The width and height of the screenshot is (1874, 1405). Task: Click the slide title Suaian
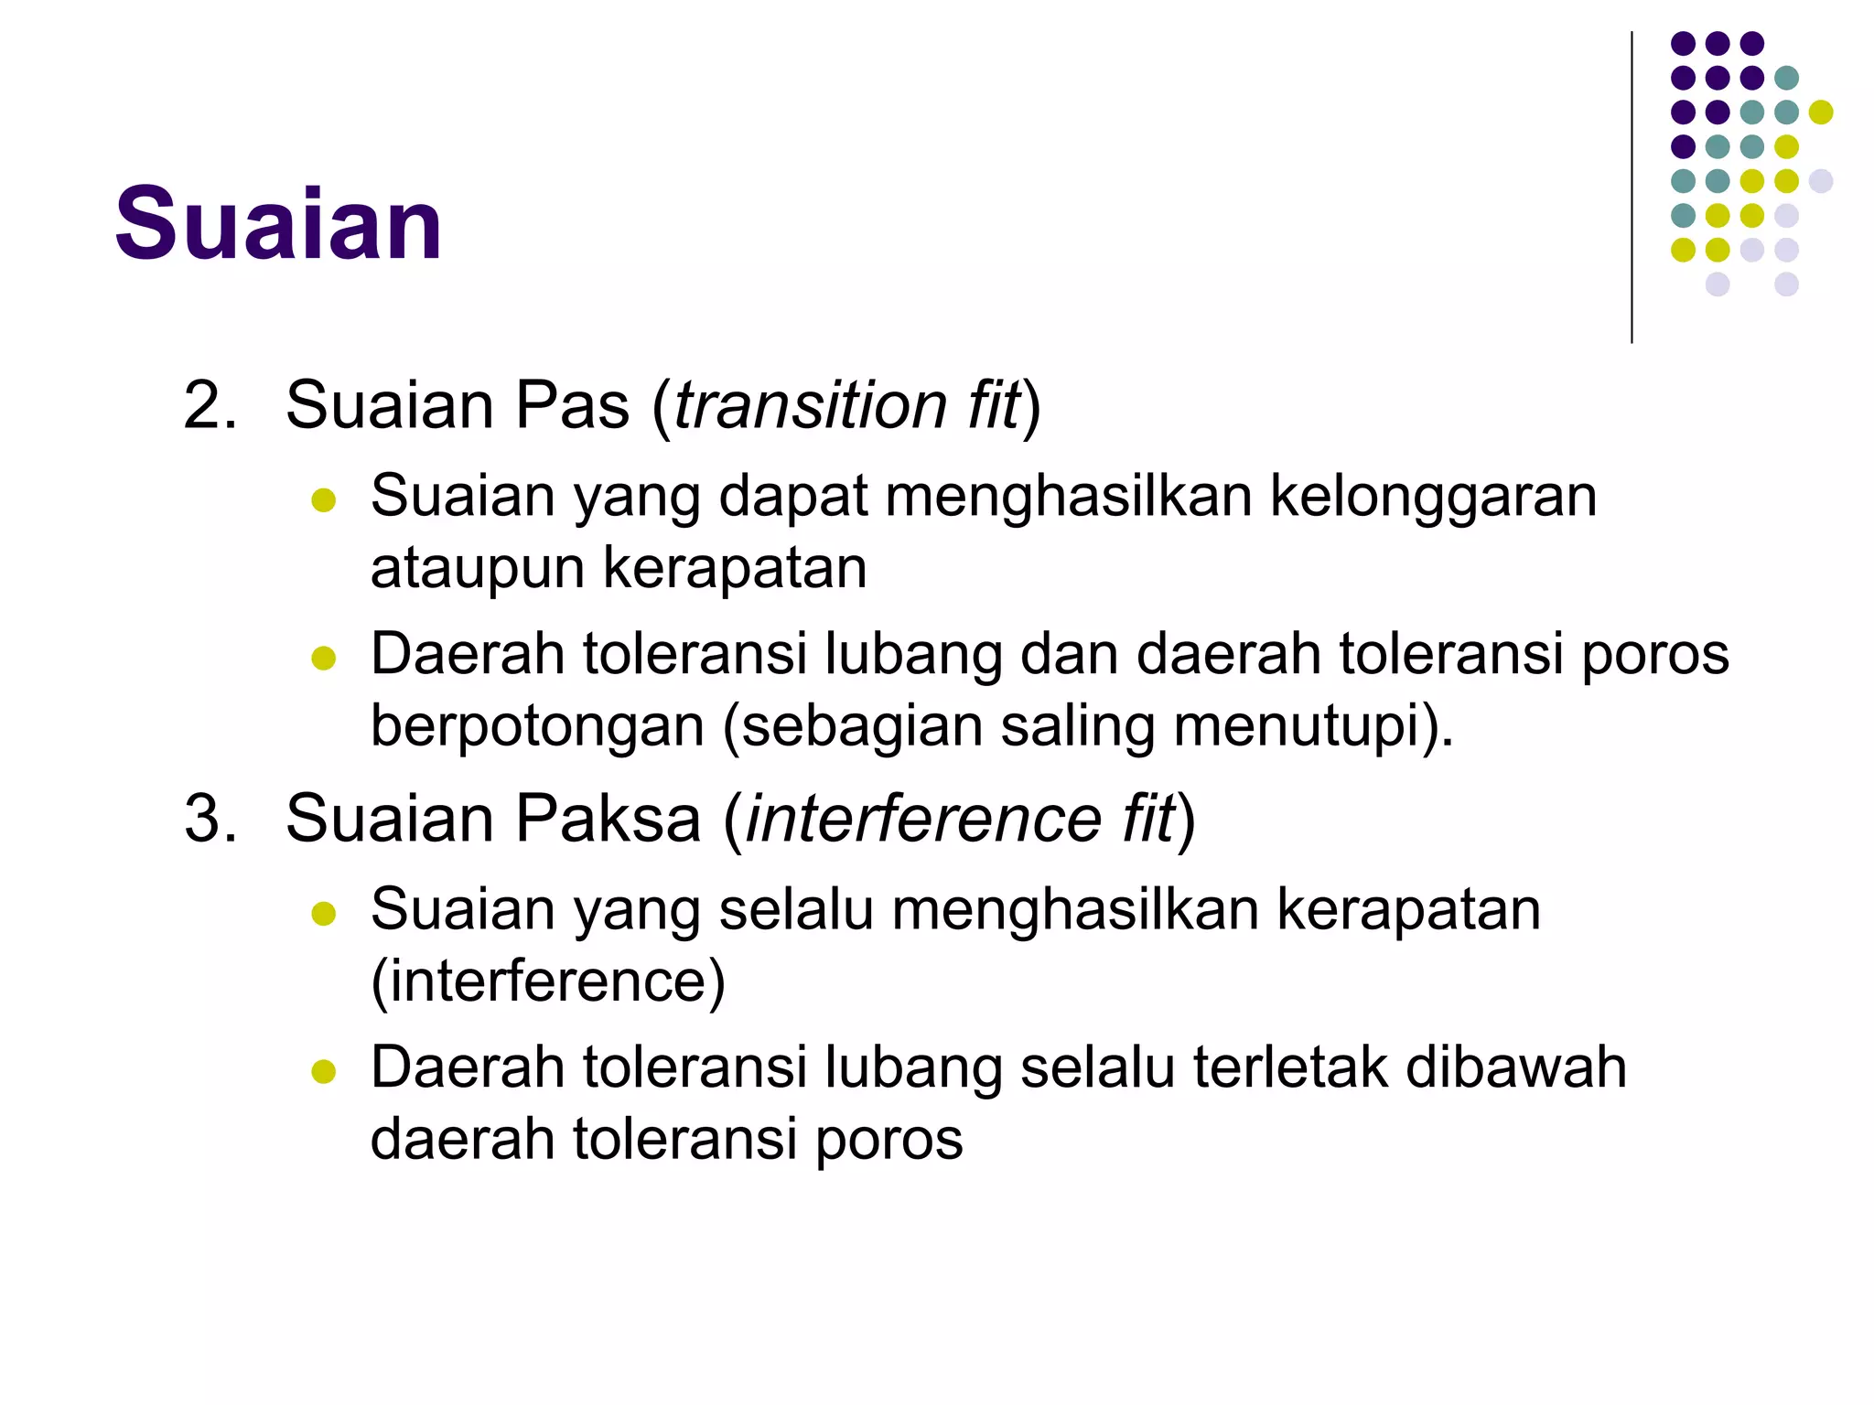pyautogui.click(x=278, y=224)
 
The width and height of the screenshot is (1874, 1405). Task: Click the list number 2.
pyautogui.click(x=210, y=405)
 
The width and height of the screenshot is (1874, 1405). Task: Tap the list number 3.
pyautogui.click(x=210, y=819)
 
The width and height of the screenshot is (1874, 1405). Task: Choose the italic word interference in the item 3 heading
pyautogui.click(x=923, y=819)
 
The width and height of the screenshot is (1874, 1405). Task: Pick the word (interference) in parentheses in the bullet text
pyautogui.click(x=548, y=981)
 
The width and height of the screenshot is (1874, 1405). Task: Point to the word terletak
pyautogui.click(x=1290, y=1067)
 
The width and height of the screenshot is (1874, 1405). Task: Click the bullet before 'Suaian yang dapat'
pyautogui.click(x=324, y=500)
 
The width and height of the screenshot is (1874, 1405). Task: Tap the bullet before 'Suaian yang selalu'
pyautogui.click(x=324, y=914)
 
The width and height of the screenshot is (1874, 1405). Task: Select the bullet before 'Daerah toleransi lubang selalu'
pyautogui.click(x=324, y=1071)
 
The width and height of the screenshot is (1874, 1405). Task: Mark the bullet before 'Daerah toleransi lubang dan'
pyautogui.click(x=324, y=658)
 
